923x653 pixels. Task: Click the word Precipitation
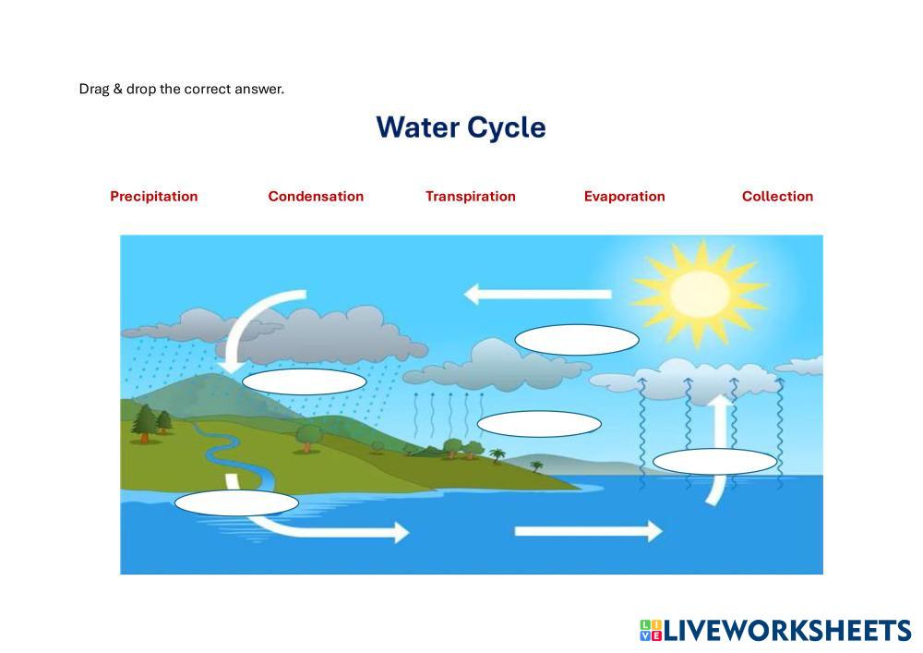coord(153,196)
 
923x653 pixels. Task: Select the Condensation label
coord(316,196)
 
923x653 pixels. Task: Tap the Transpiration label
coord(470,196)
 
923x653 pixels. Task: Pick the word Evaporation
coord(624,196)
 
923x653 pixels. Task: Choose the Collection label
coord(777,196)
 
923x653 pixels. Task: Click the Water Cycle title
coord(461,127)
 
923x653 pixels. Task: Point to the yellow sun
coord(699,294)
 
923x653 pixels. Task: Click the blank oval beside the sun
coord(576,340)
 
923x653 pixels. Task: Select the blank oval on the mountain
coord(304,381)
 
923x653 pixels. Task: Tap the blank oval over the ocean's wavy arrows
coord(714,462)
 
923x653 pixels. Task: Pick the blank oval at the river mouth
coord(236,503)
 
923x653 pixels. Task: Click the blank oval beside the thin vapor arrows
coord(539,424)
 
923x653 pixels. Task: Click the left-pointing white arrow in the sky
coord(535,295)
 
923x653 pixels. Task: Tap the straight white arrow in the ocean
coord(587,531)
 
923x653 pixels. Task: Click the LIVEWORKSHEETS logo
coord(774,631)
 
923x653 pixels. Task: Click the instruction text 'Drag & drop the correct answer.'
coord(182,90)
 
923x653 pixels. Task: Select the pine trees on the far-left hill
coord(150,422)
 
